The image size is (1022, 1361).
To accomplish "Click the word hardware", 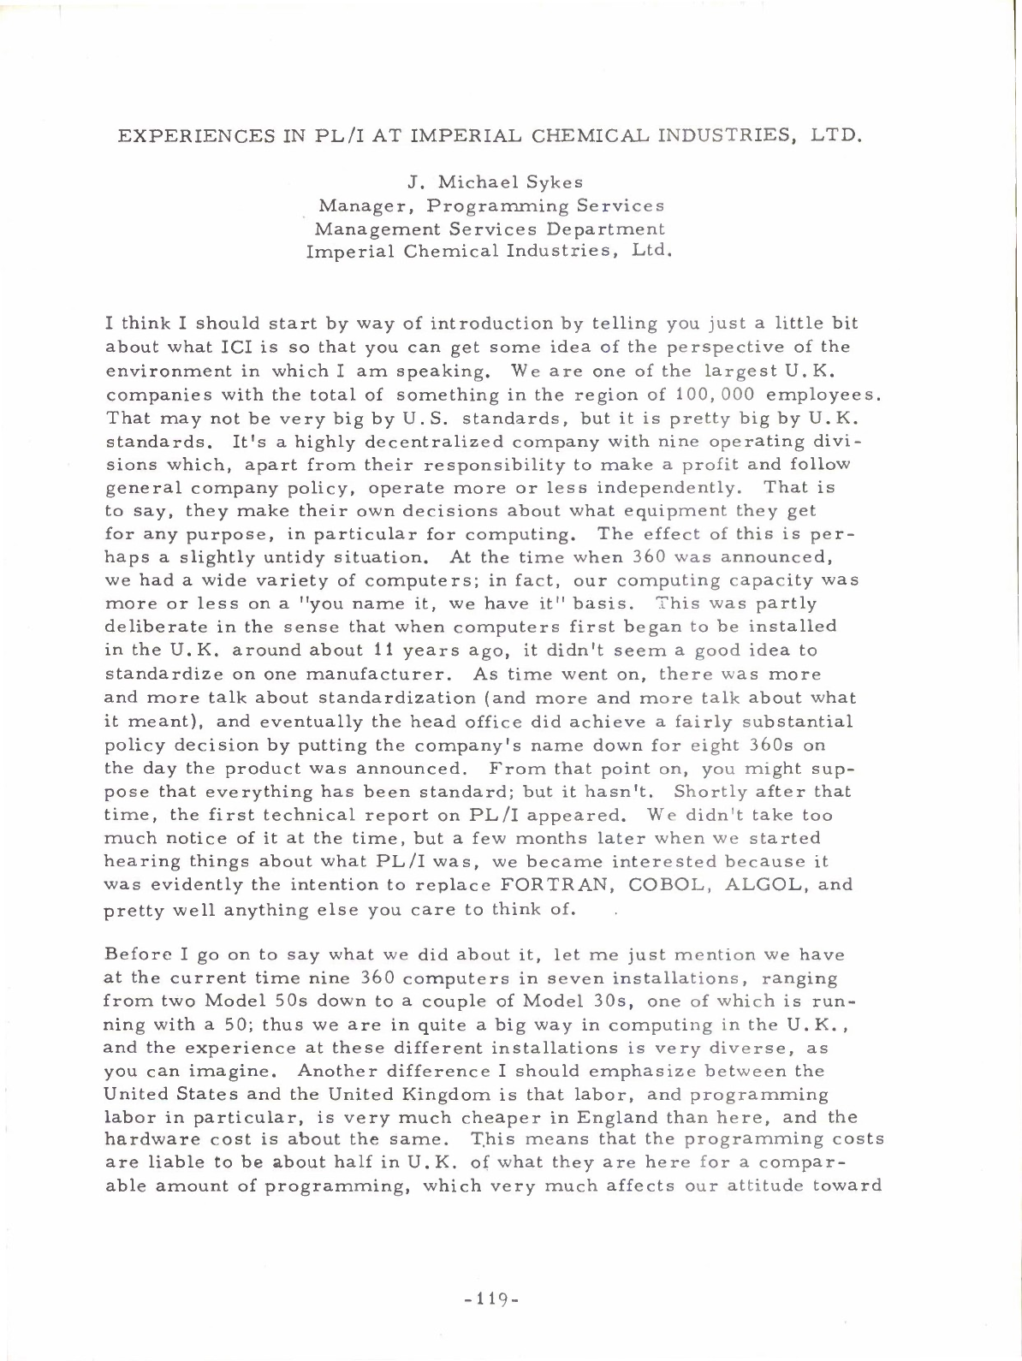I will (x=142, y=1140).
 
